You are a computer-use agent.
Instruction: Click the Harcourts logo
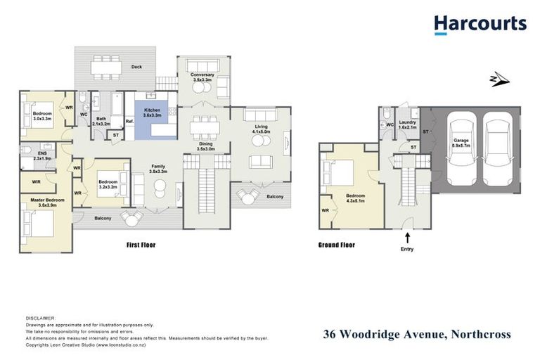coord(480,25)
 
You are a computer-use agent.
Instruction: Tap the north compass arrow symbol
coord(500,79)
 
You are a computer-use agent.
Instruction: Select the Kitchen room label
coord(153,113)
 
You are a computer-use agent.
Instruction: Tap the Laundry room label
coord(408,124)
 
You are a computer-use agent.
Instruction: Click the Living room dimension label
coord(261,131)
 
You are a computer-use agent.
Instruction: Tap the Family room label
coord(158,169)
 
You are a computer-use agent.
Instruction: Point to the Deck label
coord(137,67)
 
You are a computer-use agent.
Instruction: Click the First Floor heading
coord(141,245)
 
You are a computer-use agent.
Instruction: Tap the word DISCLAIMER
coord(40,319)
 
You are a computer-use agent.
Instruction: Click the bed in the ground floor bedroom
coord(337,171)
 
